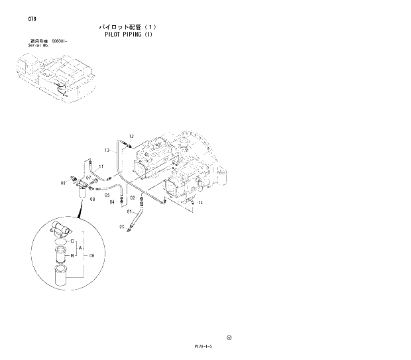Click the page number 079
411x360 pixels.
coord(32,19)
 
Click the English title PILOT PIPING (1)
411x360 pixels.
coord(128,34)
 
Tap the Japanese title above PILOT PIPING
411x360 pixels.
coord(128,27)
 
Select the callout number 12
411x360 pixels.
coord(131,135)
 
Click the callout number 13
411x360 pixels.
coord(107,150)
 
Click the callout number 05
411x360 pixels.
coord(107,194)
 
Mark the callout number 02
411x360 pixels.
coord(133,198)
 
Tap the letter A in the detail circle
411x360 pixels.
coord(80,248)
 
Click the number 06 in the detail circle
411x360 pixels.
coord(92,255)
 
